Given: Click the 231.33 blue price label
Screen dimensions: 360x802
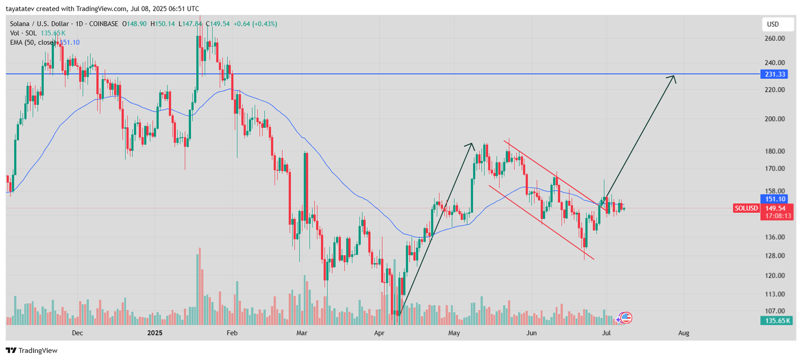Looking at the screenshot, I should click(x=775, y=74).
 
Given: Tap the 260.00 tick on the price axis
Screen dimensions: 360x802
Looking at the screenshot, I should click(x=774, y=38).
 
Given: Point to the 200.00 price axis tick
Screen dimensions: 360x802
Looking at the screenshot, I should click(x=774, y=119).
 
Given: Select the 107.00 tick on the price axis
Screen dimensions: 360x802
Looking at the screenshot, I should click(x=774, y=311).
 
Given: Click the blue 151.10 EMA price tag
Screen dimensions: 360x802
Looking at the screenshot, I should click(x=775, y=199).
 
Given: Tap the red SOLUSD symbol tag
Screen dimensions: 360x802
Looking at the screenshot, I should click(x=746, y=208).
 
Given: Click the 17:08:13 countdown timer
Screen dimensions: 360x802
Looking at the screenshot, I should click(x=778, y=216).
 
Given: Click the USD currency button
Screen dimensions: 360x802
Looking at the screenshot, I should click(x=773, y=24).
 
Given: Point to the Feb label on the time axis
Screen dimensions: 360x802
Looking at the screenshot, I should click(x=232, y=333).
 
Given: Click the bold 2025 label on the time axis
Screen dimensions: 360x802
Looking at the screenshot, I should click(x=155, y=333).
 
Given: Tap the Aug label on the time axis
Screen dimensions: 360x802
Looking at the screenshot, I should click(x=684, y=333).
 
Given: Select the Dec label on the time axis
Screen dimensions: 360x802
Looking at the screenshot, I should click(x=77, y=333).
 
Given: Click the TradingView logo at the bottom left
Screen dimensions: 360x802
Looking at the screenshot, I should click(x=32, y=350).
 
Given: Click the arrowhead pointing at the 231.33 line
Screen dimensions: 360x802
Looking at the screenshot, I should click(x=673, y=78).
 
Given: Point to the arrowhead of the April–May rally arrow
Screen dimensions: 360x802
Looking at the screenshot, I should click(x=471, y=145).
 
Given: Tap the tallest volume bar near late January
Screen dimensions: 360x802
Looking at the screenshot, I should click(x=199, y=286).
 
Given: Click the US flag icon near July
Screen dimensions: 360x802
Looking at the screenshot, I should click(x=626, y=317).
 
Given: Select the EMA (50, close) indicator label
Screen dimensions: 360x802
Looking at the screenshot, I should click(x=33, y=43).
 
